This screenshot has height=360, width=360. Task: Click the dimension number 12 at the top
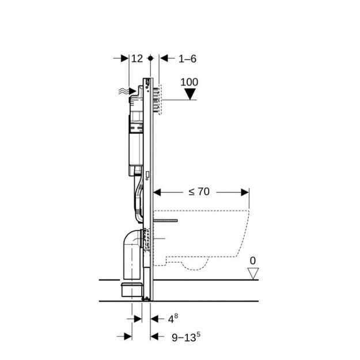coord(137,59)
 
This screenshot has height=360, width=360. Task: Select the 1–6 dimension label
coord(187,59)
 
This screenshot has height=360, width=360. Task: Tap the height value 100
coord(189,82)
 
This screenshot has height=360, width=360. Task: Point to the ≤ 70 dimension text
coord(199,191)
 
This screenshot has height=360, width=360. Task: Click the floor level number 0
coord(252,261)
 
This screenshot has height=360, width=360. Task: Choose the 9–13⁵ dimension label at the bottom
coord(186,337)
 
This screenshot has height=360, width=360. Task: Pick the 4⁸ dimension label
coord(173,319)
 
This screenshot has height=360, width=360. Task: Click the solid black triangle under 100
coord(190,94)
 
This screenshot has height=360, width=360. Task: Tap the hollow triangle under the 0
coord(253,274)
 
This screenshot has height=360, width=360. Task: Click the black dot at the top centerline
coord(150,58)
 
